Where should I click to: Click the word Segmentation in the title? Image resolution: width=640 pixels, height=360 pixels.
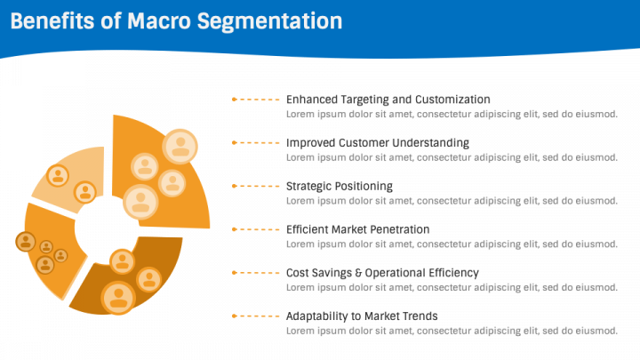click(x=270, y=22)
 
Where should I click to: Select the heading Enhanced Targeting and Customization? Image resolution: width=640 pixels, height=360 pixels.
click(x=388, y=100)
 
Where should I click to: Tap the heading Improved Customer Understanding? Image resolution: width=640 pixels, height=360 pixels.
click(x=378, y=143)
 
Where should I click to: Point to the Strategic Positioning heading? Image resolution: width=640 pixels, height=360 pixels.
click(x=340, y=186)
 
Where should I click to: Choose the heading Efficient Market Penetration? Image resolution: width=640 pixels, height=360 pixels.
click(x=357, y=229)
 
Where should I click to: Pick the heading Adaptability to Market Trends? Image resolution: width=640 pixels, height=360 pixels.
click(x=362, y=316)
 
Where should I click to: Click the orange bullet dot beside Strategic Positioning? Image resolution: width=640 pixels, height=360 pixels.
click(x=235, y=186)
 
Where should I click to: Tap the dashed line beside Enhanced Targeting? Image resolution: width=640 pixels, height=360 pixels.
click(x=260, y=100)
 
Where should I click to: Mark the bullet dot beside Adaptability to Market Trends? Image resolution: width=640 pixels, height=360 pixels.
click(x=235, y=316)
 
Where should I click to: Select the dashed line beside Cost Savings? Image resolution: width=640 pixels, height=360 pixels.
click(x=260, y=273)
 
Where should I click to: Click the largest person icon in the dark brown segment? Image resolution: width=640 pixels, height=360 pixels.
click(x=118, y=298)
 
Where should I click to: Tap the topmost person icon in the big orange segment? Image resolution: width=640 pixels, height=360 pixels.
click(x=180, y=147)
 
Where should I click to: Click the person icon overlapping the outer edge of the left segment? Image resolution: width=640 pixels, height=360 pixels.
click(x=25, y=241)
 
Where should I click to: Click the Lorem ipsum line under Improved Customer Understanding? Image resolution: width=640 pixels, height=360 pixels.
click(x=452, y=157)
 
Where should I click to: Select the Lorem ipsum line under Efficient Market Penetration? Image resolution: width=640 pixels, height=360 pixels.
click(x=452, y=244)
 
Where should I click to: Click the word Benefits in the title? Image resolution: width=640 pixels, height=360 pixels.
click(x=52, y=21)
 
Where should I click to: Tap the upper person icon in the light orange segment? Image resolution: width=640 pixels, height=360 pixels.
click(x=58, y=175)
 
